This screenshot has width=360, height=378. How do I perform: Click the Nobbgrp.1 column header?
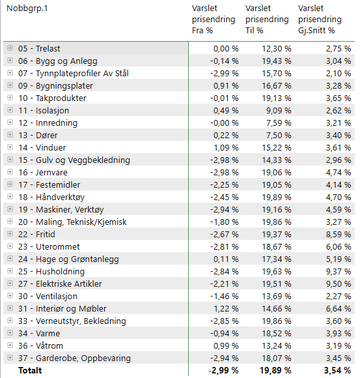point(27,8)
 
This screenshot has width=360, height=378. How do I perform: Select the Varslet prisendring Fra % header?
point(214,20)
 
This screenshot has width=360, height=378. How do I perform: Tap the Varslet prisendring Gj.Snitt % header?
point(320,20)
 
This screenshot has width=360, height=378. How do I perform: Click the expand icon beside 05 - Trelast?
point(10,48)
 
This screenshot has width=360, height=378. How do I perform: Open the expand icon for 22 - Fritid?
point(10,233)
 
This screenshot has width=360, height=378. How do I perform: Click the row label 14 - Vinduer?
point(42,147)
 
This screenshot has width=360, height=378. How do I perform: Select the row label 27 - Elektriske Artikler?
point(60,283)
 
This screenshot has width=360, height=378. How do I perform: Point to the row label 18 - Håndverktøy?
point(51,197)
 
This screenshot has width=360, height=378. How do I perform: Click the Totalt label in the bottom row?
point(30,370)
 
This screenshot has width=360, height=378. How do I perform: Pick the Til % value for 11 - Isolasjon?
point(279,110)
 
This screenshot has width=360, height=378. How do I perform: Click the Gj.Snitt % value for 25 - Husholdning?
point(339,272)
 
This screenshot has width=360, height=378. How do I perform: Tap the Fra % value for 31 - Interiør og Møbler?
point(226,308)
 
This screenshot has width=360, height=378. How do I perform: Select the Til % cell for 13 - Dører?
point(279,136)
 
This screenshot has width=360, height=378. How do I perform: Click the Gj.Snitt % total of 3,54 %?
point(337,370)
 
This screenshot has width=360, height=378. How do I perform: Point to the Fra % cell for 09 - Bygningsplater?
point(226,86)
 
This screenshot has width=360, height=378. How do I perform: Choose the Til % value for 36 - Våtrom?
point(277,345)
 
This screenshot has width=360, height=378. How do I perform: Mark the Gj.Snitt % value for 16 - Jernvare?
point(339,172)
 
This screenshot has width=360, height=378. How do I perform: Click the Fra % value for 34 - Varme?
point(225,334)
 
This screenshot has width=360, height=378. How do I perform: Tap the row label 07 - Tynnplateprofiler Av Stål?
point(74,73)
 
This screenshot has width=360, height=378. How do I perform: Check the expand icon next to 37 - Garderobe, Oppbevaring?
point(10,358)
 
